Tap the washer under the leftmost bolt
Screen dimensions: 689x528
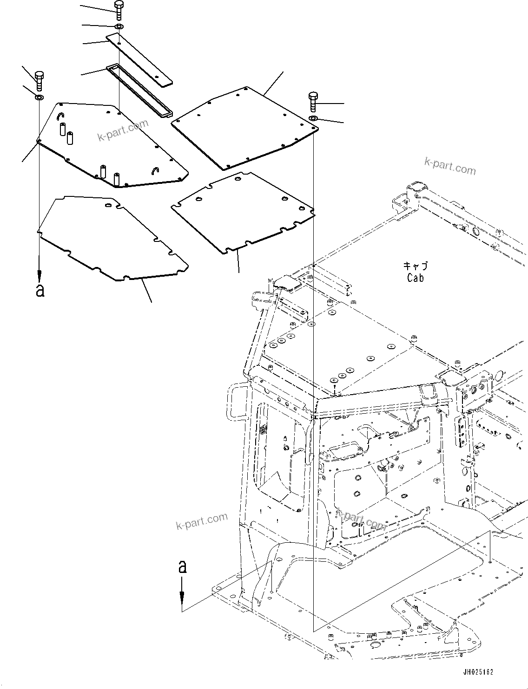click(x=40, y=97)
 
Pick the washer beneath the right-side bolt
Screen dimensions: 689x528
click(x=313, y=119)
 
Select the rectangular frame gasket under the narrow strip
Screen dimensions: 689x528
click(x=139, y=91)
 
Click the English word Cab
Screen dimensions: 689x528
click(x=415, y=278)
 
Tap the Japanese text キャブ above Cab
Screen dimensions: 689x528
click(x=415, y=266)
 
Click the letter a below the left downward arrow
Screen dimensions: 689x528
click(x=40, y=290)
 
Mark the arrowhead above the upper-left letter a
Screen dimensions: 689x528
click(x=40, y=275)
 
